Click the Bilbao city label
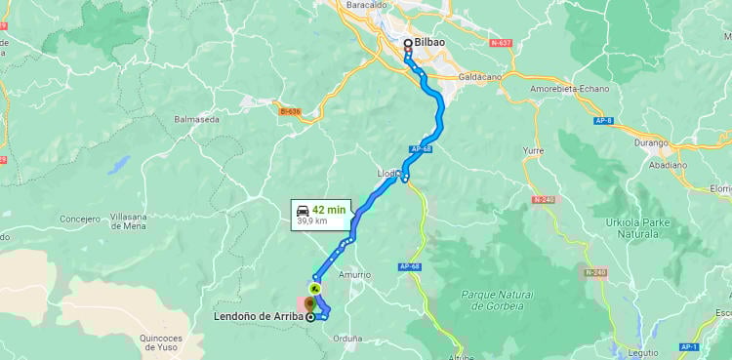tap(430, 43)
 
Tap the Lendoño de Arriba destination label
tap(259, 316)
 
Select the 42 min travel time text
tap(329, 209)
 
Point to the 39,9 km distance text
tap(312, 221)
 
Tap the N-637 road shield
tap(502, 43)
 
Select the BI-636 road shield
tap(289, 111)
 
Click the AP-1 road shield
tap(689, 346)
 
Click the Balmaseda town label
tap(196, 119)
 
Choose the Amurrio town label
tap(353, 275)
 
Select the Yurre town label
tap(533, 152)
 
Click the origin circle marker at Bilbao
tap(408, 43)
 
